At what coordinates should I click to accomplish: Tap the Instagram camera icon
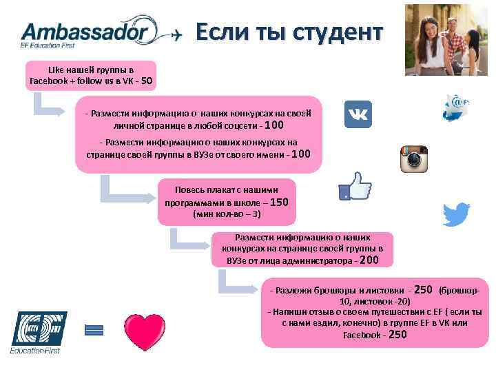click(x=415, y=159)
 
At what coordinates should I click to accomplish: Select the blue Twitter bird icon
click(x=455, y=215)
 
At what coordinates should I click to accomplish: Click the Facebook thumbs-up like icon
click(x=355, y=186)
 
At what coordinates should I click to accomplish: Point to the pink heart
click(x=144, y=331)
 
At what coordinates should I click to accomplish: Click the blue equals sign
click(x=93, y=330)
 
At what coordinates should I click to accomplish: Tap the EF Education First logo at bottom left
click(x=34, y=331)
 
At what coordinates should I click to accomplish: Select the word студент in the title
click(x=337, y=32)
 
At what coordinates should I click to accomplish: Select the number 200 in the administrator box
click(x=369, y=260)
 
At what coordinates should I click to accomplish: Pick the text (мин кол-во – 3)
click(x=227, y=215)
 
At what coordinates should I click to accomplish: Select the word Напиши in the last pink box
click(x=288, y=312)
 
